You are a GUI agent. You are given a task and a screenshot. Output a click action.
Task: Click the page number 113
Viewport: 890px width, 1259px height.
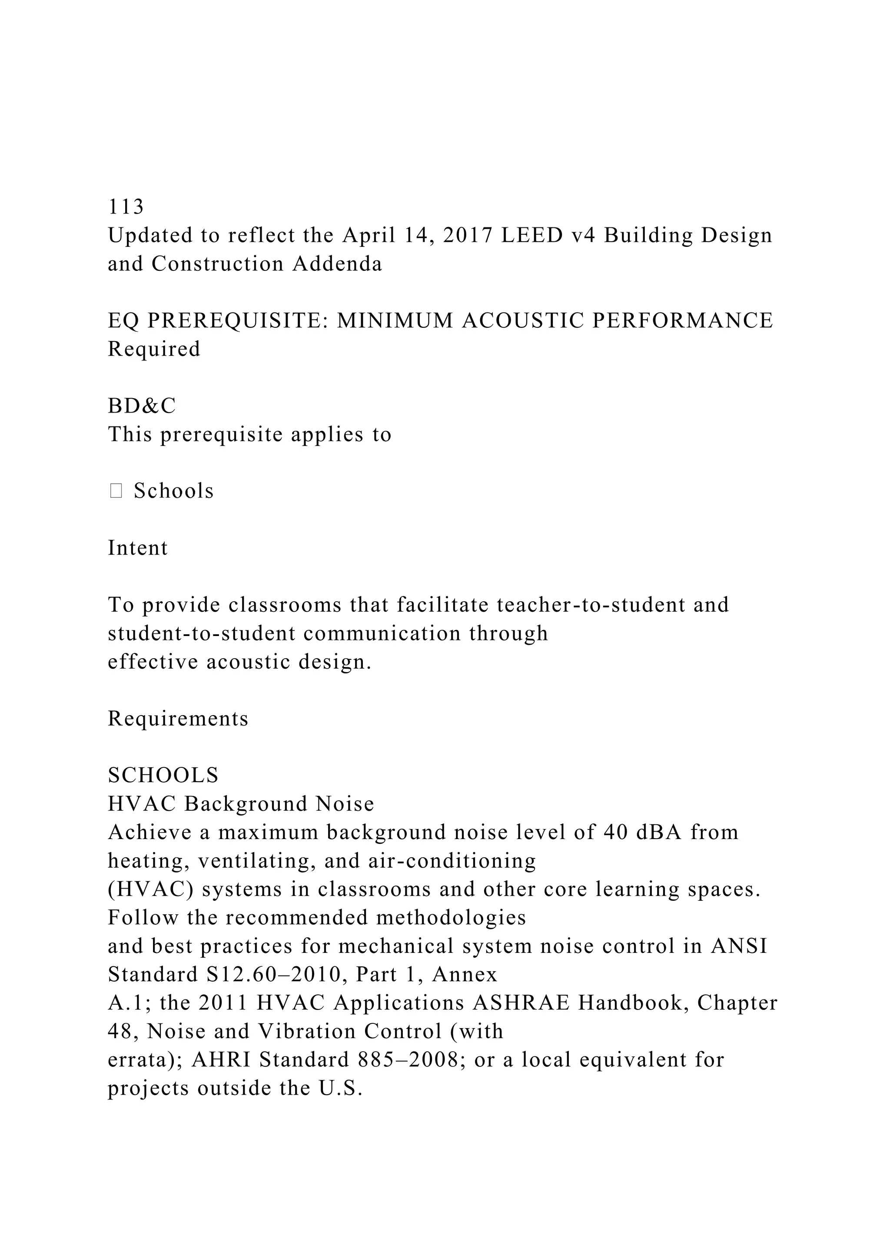click(x=126, y=207)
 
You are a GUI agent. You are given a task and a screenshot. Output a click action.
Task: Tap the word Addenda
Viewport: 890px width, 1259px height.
click(x=337, y=264)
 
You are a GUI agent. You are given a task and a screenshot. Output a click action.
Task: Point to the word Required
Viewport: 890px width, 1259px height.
click(x=154, y=349)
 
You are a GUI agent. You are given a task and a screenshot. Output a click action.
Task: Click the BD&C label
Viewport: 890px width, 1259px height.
click(x=141, y=406)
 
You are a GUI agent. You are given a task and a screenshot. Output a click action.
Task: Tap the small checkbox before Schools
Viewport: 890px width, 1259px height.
click(x=116, y=491)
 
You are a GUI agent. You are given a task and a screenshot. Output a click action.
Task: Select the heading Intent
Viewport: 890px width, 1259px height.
click(x=138, y=548)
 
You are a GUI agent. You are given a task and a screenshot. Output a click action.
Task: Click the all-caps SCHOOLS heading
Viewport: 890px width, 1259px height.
click(x=163, y=776)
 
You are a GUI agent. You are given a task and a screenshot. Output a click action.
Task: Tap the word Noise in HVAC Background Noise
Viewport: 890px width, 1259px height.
click(x=345, y=804)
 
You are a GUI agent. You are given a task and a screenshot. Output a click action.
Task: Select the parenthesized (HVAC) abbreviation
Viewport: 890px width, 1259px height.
click(x=151, y=889)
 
